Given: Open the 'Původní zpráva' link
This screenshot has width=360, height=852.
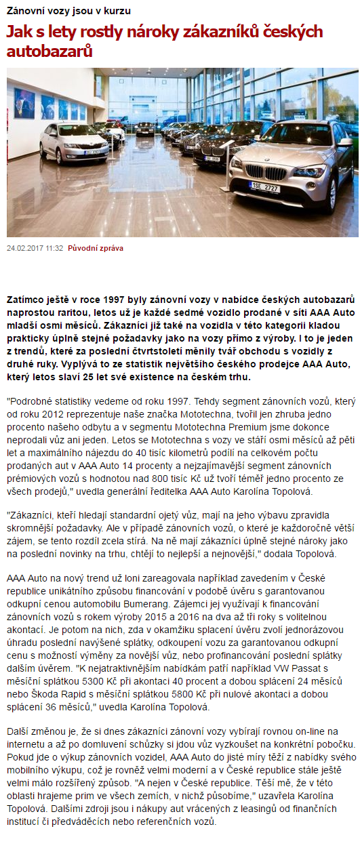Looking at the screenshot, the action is pos(96,248).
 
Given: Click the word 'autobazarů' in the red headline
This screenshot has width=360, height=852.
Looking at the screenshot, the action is pos(49,51).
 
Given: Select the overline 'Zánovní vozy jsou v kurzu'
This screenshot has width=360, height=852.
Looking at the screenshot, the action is pos(68,11).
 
